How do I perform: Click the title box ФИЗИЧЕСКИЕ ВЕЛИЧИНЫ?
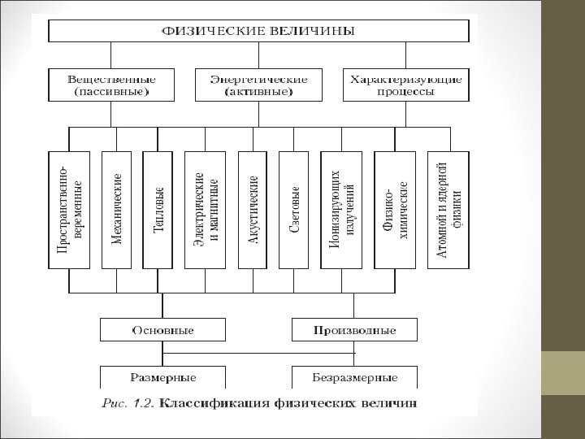(258, 32)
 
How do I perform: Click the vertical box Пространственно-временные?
(68, 211)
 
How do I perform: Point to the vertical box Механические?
(116, 211)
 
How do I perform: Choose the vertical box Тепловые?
(158, 211)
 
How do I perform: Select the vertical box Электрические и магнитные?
(206, 211)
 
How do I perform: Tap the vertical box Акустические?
(253, 211)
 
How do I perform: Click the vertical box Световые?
(294, 211)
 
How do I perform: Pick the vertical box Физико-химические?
(396, 211)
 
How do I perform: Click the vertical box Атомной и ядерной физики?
(449, 211)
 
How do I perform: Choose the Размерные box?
(162, 378)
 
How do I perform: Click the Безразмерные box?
(355, 378)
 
